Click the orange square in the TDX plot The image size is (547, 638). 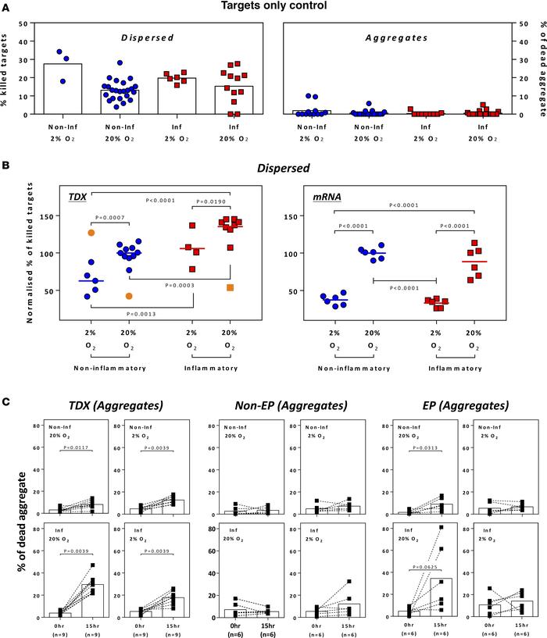point(229,287)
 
